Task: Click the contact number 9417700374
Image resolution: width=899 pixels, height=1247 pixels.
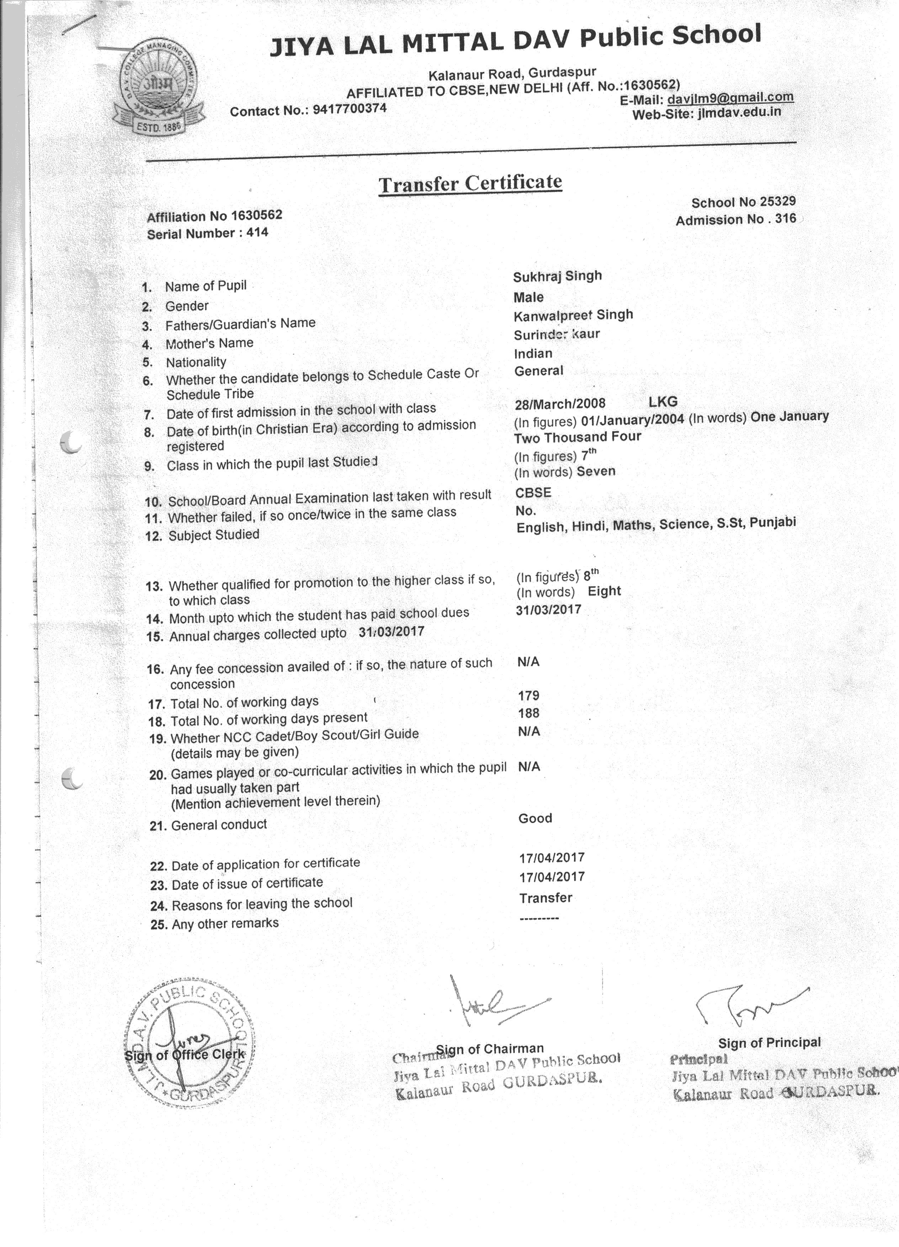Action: (x=350, y=109)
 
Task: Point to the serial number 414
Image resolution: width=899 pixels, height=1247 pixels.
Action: (x=257, y=233)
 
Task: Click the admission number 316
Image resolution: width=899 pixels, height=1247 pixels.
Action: (x=785, y=219)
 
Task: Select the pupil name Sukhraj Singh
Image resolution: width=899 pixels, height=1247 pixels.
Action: (x=557, y=276)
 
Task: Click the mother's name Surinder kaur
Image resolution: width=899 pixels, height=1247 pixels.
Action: (x=557, y=334)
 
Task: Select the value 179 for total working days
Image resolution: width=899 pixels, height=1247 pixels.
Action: (x=528, y=696)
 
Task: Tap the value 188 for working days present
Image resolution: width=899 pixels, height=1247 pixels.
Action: (x=528, y=713)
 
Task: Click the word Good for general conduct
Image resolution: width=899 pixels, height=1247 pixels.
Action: (x=535, y=818)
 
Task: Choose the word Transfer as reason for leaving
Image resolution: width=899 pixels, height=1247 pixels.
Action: (x=546, y=898)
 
